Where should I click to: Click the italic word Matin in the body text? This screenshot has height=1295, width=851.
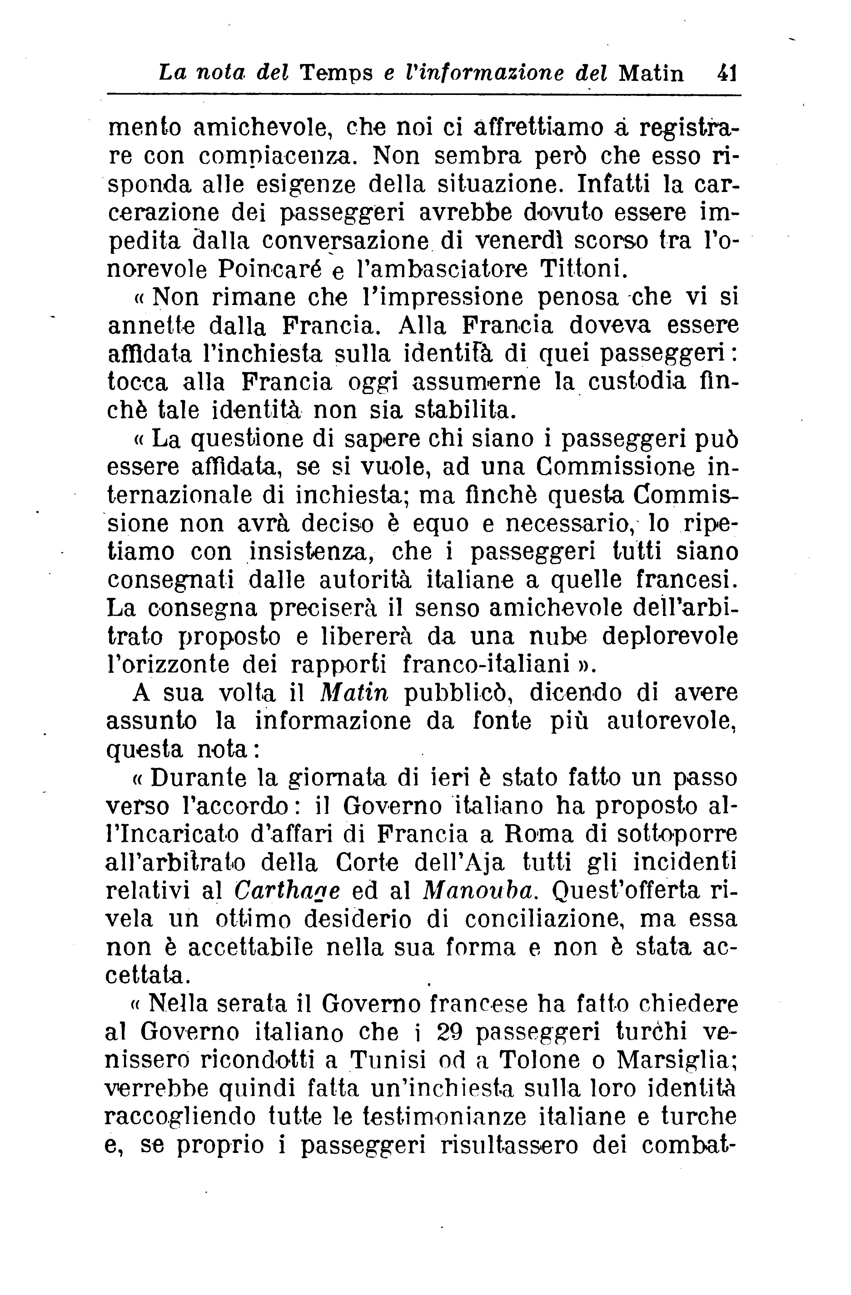355,693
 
